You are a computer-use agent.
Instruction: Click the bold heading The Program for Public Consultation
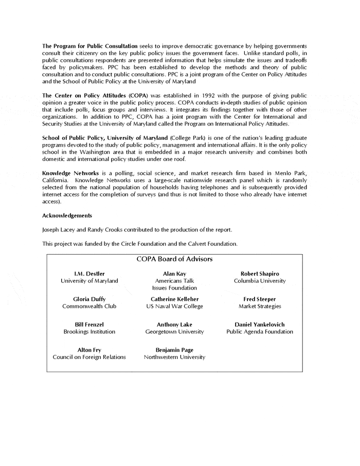pyautogui.click(x=90, y=46)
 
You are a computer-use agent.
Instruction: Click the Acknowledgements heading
pyautogui.click(x=67, y=216)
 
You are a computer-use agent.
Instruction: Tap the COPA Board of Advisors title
pyautogui.click(x=174, y=259)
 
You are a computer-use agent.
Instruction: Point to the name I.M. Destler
pyautogui.click(x=89, y=274)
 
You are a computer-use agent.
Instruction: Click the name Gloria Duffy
pyautogui.click(x=89, y=299)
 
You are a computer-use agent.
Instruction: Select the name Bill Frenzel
pyautogui.click(x=89, y=325)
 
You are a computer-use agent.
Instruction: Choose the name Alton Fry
pyautogui.click(x=89, y=350)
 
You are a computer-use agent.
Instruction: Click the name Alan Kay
pyautogui.click(x=174, y=274)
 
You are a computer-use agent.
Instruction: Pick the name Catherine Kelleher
pyautogui.click(x=174, y=299)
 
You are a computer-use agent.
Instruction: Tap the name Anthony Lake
pyautogui.click(x=174, y=325)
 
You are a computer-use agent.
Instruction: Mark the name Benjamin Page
pyautogui.click(x=174, y=350)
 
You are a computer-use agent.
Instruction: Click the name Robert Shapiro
pyautogui.click(x=260, y=274)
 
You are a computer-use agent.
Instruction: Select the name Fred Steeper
pyautogui.click(x=260, y=299)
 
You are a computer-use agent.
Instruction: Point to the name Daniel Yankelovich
pyautogui.click(x=260, y=325)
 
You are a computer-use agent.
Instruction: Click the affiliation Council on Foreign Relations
pyautogui.click(x=89, y=357)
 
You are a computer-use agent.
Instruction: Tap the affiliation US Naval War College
pyautogui.click(x=174, y=306)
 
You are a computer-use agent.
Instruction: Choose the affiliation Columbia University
pyautogui.click(x=260, y=281)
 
